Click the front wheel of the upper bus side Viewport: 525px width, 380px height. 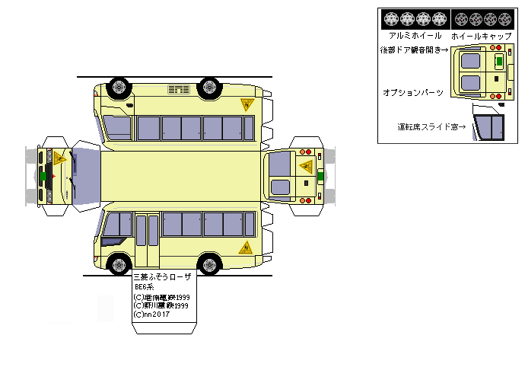click(119, 87)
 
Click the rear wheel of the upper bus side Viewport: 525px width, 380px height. click(208, 87)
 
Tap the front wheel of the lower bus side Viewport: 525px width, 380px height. click(119, 264)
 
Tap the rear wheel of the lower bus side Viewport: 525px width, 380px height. click(208, 264)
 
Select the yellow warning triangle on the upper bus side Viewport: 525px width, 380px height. click(247, 105)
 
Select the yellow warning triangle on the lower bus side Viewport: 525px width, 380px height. click(247, 247)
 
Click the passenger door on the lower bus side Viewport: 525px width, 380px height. click(147, 240)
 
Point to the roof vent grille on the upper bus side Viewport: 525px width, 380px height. click(178, 91)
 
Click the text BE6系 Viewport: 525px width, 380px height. click(144, 288)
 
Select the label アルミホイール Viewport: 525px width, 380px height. click(415, 35)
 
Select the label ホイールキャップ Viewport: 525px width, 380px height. click(476, 35)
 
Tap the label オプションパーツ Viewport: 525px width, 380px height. click(413, 91)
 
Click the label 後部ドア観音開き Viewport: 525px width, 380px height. click(415, 50)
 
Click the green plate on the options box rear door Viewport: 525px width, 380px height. click(498, 60)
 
